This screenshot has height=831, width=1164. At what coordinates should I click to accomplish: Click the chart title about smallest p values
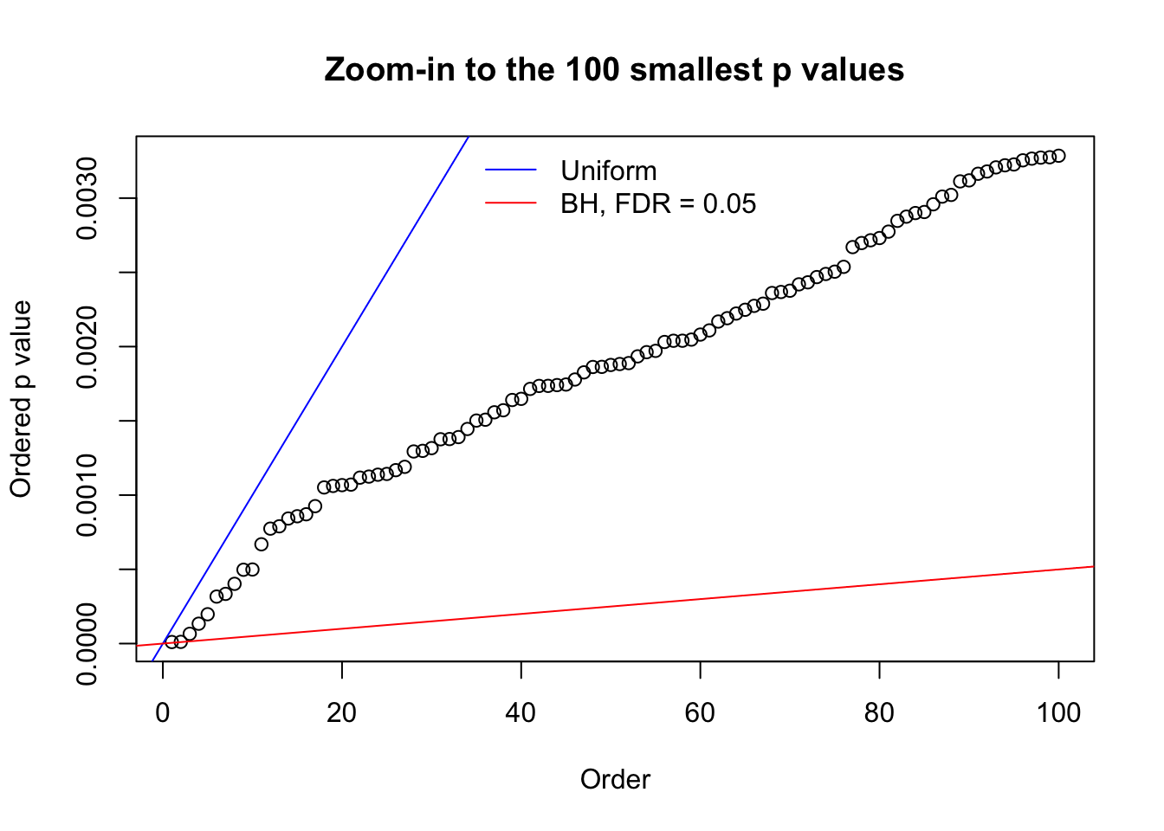(614, 69)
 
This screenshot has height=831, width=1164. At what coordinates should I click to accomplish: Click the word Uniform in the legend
(608, 171)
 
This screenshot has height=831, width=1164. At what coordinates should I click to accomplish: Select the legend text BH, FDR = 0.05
(658, 204)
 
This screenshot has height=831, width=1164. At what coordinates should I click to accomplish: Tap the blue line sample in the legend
(511, 171)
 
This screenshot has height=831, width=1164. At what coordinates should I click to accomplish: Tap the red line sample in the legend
(511, 203)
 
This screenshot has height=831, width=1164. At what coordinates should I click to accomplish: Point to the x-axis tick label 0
(163, 712)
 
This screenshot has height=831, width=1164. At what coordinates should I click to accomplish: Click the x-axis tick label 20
(342, 712)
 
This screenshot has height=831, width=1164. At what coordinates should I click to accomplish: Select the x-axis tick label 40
(521, 712)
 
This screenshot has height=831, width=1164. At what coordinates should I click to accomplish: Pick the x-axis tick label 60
(700, 712)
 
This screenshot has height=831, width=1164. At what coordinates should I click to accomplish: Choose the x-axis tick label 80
(879, 712)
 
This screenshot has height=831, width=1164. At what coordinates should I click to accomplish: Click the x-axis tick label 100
(1058, 712)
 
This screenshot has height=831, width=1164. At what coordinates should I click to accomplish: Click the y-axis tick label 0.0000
(87, 644)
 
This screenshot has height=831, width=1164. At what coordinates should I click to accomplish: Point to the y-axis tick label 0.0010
(87, 495)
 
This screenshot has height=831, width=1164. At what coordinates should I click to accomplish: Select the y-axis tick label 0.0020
(87, 346)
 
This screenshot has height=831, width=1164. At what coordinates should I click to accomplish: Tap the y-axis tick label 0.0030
(87, 198)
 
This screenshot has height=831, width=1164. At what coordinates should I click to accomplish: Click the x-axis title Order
(615, 780)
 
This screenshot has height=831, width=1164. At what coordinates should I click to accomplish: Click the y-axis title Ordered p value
(21, 399)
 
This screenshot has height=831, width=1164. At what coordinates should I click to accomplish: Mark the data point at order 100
(1058, 156)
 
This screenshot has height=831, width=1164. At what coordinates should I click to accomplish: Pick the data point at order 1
(171, 642)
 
